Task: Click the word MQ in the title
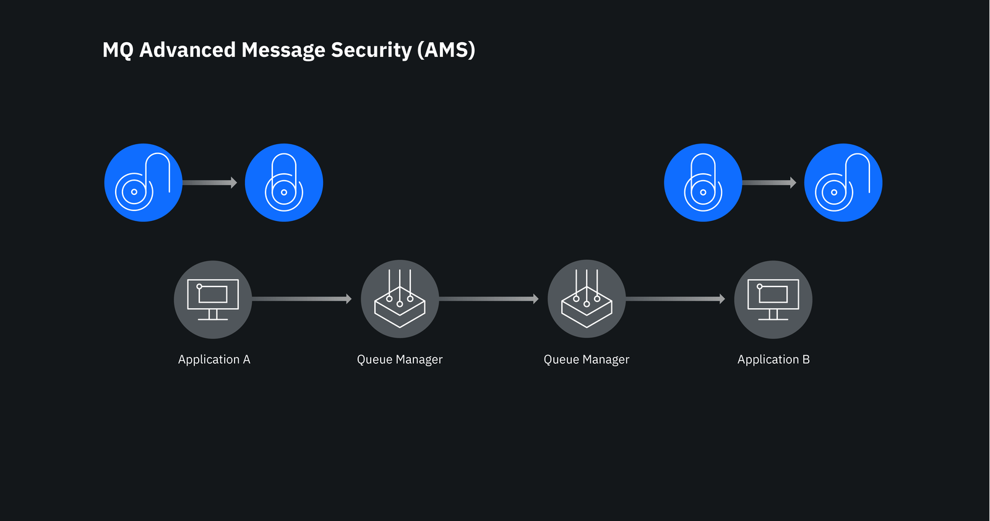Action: pyautogui.click(x=118, y=50)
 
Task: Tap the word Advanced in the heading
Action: pyautogui.click(x=187, y=50)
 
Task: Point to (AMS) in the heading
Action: pyautogui.click(x=446, y=50)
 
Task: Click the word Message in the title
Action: pyautogui.click(x=283, y=50)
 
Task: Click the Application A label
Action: pyautogui.click(x=214, y=360)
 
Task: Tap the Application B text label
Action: pyautogui.click(x=773, y=360)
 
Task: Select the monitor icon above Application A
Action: pyautogui.click(x=213, y=299)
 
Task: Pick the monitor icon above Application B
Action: pyautogui.click(x=773, y=299)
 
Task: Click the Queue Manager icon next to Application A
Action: pyautogui.click(x=400, y=299)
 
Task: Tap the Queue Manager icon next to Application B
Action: pyautogui.click(x=587, y=299)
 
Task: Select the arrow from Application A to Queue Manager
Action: pyautogui.click(x=302, y=299)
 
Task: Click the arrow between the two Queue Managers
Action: pyautogui.click(x=489, y=299)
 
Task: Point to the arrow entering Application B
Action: pyautogui.click(x=675, y=299)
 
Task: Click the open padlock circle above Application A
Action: pyautogui.click(x=143, y=183)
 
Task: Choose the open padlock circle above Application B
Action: pyautogui.click(x=843, y=183)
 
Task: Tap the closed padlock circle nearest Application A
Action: pyautogui.click(x=284, y=183)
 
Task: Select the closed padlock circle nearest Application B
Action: pyautogui.click(x=703, y=183)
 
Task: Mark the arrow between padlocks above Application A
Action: pyautogui.click(x=210, y=183)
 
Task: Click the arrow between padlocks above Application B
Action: pyautogui.click(x=770, y=183)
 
